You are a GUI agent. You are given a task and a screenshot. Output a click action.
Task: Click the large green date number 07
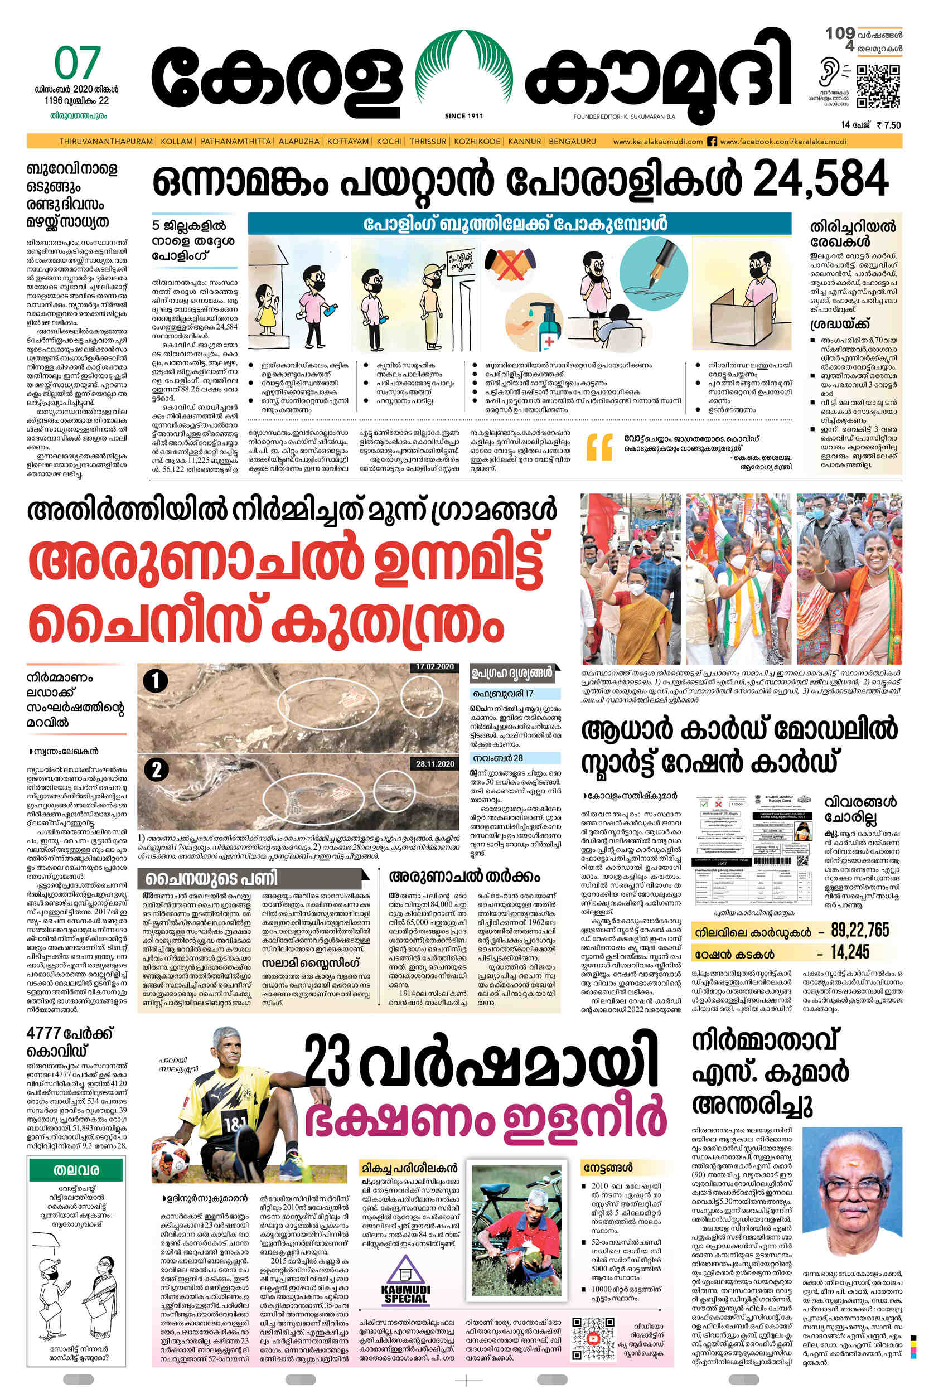tap(77, 64)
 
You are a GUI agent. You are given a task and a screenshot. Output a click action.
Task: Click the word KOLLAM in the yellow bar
tap(177, 142)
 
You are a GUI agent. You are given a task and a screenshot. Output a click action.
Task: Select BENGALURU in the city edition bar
tap(572, 142)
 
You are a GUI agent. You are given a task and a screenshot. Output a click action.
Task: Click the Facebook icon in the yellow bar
tap(712, 142)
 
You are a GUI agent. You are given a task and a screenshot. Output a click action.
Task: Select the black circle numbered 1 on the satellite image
tap(155, 681)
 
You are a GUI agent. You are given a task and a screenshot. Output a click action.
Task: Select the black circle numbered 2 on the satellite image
tap(156, 769)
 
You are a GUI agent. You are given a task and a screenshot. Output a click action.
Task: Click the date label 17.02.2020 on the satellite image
tap(434, 666)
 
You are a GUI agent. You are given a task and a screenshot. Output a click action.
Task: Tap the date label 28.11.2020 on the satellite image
tap(434, 764)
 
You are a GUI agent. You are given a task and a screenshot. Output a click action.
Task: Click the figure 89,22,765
tap(860, 931)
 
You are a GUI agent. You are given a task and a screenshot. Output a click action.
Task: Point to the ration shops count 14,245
tap(849, 952)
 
